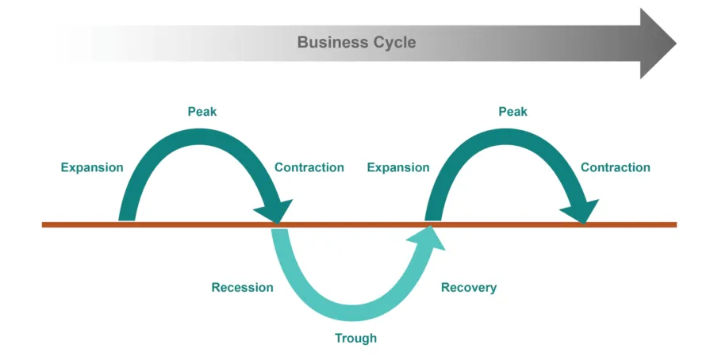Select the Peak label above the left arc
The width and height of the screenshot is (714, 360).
202,112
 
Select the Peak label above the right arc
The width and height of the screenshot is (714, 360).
512,112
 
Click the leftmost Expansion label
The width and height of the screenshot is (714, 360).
92,167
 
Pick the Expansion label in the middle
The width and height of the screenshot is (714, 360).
398,167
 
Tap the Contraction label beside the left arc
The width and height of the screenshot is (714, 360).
309,167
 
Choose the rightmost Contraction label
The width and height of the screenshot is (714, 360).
616,167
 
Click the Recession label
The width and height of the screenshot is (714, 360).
242,287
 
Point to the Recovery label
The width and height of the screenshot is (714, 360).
469,287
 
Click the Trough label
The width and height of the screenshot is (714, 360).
355,339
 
